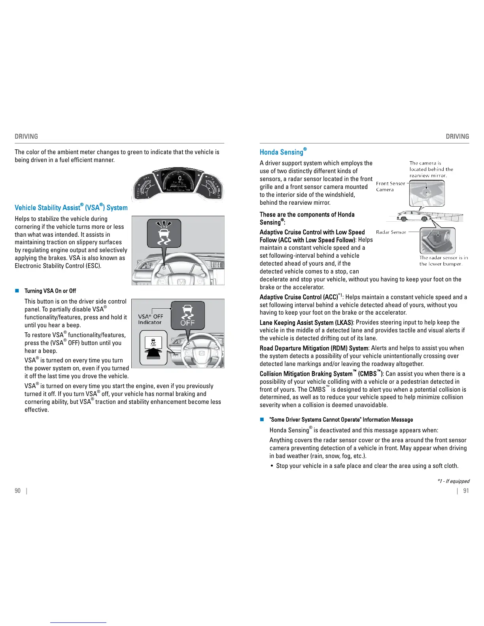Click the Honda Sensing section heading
281,152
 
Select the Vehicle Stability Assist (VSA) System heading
71,207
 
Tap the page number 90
17,491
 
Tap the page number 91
466,491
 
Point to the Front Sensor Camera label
390,187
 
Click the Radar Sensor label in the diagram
391,232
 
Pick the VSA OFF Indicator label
150,319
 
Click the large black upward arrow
153,353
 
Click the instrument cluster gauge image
178,185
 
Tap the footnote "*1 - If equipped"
453,481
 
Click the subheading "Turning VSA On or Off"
50,291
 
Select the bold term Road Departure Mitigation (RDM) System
314,348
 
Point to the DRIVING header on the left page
26,136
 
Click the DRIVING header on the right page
457,136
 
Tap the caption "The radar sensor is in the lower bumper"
443,261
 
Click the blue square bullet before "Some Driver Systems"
261,419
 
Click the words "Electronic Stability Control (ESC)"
58,266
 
